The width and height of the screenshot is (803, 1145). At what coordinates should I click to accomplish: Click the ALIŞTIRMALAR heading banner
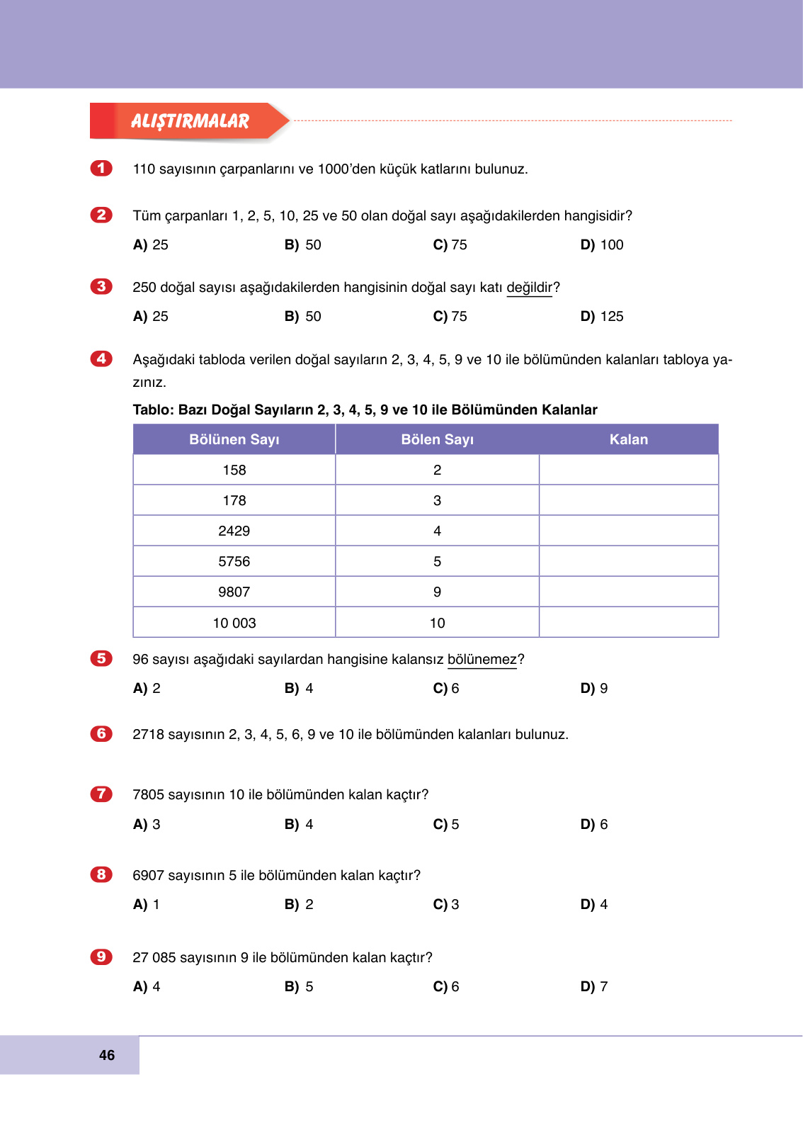tap(190, 121)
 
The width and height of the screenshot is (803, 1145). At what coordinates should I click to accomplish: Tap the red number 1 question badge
tap(101, 169)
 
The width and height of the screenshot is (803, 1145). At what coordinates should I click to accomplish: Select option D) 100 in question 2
tap(602, 245)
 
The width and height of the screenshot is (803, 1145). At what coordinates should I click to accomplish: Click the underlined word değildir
tap(529, 288)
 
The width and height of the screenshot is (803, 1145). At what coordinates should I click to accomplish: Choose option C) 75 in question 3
tap(450, 317)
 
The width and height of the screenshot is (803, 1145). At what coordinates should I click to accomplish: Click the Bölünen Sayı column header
tap(234, 440)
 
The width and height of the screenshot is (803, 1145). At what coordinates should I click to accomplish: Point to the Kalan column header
tap(628, 440)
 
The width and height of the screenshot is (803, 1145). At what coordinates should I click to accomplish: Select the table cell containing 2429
tap(234, 531)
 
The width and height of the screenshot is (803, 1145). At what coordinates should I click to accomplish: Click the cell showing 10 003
tap(234, 624)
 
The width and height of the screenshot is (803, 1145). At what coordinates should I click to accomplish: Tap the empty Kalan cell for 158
tap(628, 470)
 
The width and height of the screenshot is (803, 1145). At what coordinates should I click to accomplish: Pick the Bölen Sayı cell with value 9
tap(437, 592)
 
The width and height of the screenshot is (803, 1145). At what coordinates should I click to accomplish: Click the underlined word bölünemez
tap(482, 660)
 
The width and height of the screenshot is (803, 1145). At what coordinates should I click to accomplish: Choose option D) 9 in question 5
tap(594, 689)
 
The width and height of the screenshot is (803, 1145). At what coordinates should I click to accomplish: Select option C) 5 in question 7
tap(446, 825)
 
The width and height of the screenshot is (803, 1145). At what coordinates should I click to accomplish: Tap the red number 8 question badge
tap(101, 875)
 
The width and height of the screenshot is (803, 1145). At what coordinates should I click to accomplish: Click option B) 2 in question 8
tap(299, 905)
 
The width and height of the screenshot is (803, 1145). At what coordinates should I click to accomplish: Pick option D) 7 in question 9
tap(594, 987)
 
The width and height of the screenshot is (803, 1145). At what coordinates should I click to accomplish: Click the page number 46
tap(107, 1056)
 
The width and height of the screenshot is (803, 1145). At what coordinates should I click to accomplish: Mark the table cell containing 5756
tap(234, 562)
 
